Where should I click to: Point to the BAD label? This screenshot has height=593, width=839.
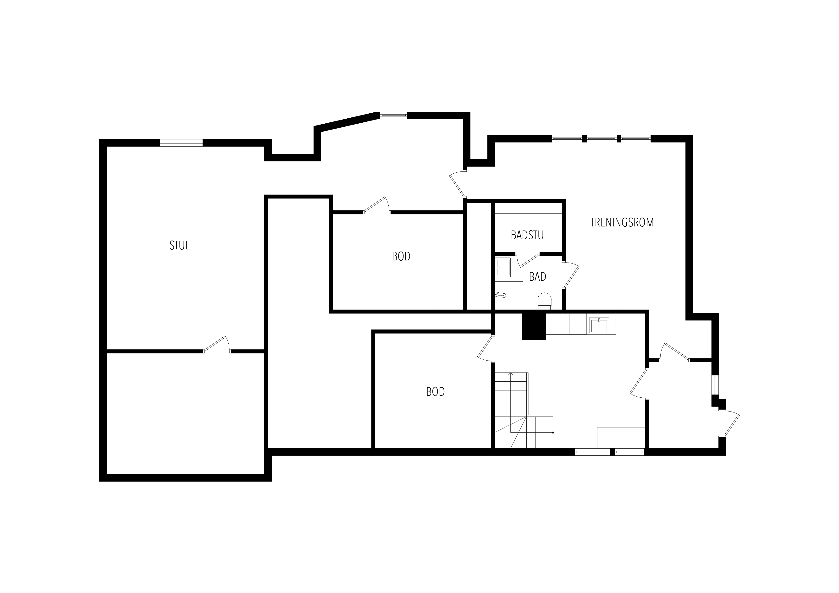pyautogui.click(x=538, y=277)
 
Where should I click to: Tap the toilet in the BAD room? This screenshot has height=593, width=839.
pyautogui.click(x=545, y=301)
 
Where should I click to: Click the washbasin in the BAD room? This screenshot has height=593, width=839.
pyautogui.click(x=503, y=267)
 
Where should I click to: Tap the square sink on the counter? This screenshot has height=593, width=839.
pyautogui.click(x=599, y=325)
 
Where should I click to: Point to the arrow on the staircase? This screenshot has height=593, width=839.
pyautogui.click(x=511, y=374)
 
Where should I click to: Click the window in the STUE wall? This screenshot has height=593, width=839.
pyautogui.click(x=181, y=143)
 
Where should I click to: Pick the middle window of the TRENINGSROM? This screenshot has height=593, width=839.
pyautogui.click(x=602, y=138)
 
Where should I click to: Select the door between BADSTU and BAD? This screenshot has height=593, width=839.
pyautogui.click(x=528, y=259)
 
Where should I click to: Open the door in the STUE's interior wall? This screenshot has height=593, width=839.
pyautogui.click(x=216, y=344)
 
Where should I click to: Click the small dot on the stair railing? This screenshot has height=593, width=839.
pyautogui.click(x=553, y=433)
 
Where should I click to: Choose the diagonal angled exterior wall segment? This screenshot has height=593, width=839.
pyautogui.click(x=346, y=122)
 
